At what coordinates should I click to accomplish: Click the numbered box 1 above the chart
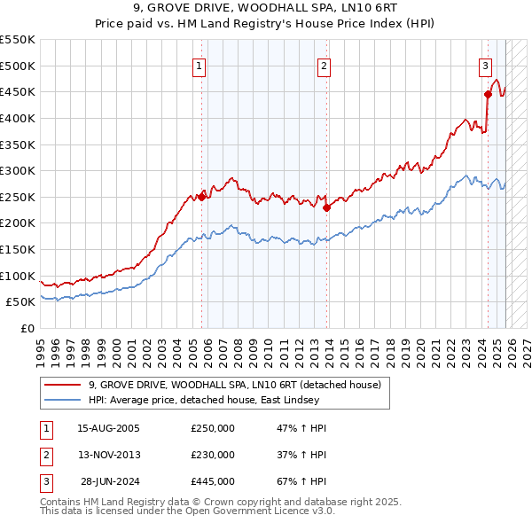click(x=199, y=66)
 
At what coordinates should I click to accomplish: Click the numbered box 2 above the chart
click(x=325, y=66)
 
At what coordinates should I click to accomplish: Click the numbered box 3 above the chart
click(x=486, y=65)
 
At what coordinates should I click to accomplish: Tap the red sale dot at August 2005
click(x=201, y=197)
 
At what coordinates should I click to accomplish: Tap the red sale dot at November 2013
click(x=326, y=207)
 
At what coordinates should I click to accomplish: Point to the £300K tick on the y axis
click(x=18, y=170)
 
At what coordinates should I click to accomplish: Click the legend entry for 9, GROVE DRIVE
click(x=235, y=385)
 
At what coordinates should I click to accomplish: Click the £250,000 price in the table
click(x=213, y=428)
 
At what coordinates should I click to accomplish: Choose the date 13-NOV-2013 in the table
click(x=108, y=455)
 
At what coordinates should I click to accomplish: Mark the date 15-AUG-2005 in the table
click(x=108, y=428)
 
